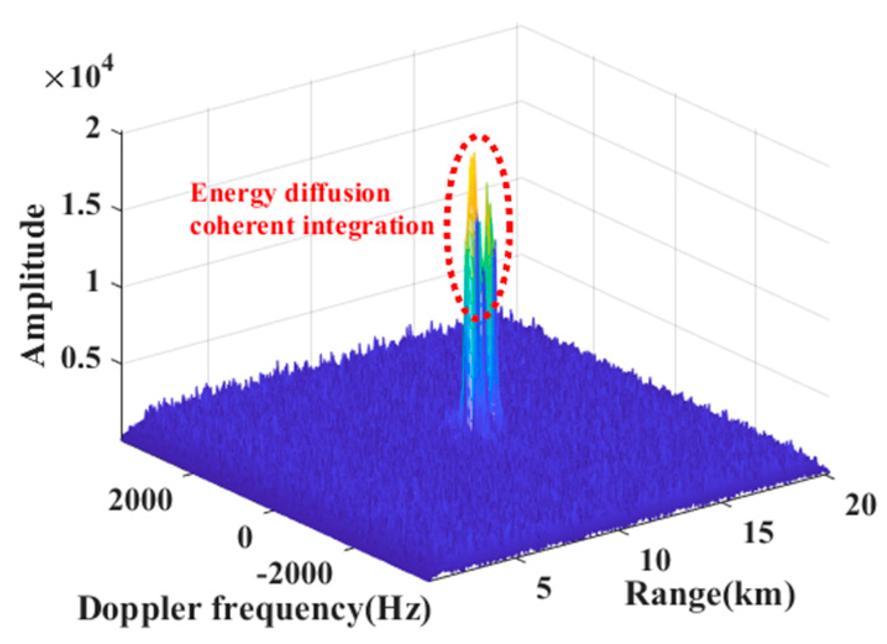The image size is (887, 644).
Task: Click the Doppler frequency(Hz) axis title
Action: coord(254,610)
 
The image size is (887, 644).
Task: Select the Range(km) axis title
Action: coord(710,595)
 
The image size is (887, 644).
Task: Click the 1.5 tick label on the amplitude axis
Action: coord(83,207)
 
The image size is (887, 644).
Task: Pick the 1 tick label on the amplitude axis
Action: coord(93,283)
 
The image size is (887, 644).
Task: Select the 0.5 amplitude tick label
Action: coord(83,359)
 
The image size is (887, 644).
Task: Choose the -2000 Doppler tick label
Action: coord(294,574)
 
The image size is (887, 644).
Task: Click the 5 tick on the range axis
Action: coord(544,588)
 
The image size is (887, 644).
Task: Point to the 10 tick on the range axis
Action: coord(655,561)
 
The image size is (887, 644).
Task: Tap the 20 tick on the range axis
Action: coord(860,505)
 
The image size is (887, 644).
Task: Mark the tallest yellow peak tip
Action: coord(474,154)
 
